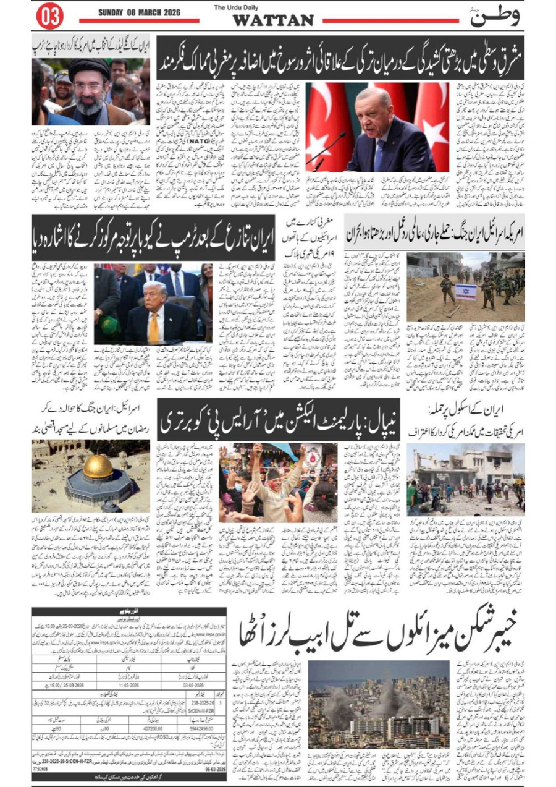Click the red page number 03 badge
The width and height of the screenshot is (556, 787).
(x=50, y=16)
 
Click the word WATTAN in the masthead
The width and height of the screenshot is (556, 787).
(x=273, y=20)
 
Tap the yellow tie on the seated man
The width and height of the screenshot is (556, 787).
(x=153, y=327)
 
